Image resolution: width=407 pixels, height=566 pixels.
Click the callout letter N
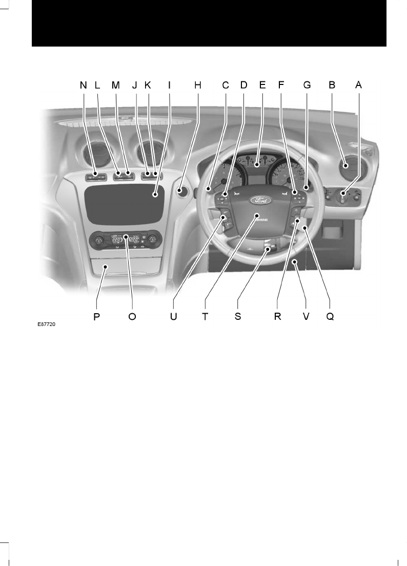[x=83, y=85]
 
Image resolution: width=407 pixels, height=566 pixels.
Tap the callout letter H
[x=198, y=85]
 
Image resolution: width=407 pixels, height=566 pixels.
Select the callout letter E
[x=262, y=85]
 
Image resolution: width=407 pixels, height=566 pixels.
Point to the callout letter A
[x=358, y=85]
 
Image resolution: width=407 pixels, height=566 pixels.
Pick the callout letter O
[x=132, y=316]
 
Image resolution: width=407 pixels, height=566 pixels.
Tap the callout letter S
[x=238, y=316]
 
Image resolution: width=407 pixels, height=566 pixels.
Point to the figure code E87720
[x=46, y=324]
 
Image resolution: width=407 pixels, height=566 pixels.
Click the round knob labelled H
[x=180, y=191]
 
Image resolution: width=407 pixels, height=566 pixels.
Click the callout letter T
[x=205, y=316]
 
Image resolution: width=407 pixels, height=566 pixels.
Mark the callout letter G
[x=307, y=85]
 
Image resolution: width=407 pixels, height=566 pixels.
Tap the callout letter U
[x=173, y=316]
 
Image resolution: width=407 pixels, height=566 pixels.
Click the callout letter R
[x=277, y=316]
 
